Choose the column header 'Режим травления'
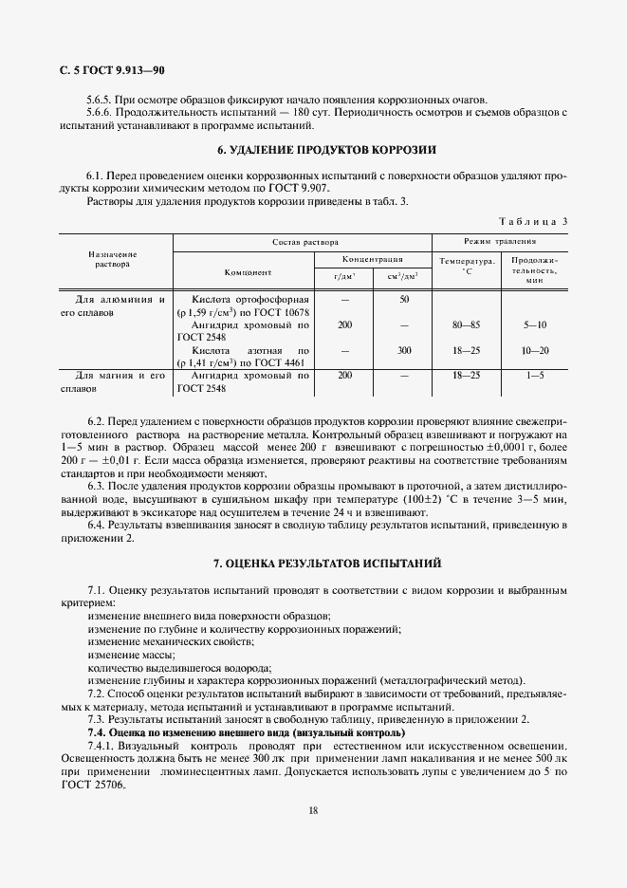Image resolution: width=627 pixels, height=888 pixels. tap(499, 243)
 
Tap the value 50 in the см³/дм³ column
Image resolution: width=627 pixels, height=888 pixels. tap(404, 300)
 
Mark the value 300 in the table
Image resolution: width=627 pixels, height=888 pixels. tap(404, 350)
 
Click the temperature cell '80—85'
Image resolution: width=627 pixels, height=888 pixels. tap(466, 324)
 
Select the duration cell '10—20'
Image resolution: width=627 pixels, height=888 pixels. tap(534, 350)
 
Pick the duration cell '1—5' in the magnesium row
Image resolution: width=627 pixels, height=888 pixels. tap(534, 376)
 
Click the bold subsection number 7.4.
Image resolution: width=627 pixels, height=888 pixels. tap(98, 733)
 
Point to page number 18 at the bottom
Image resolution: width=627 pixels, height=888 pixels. tap(312, 809)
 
